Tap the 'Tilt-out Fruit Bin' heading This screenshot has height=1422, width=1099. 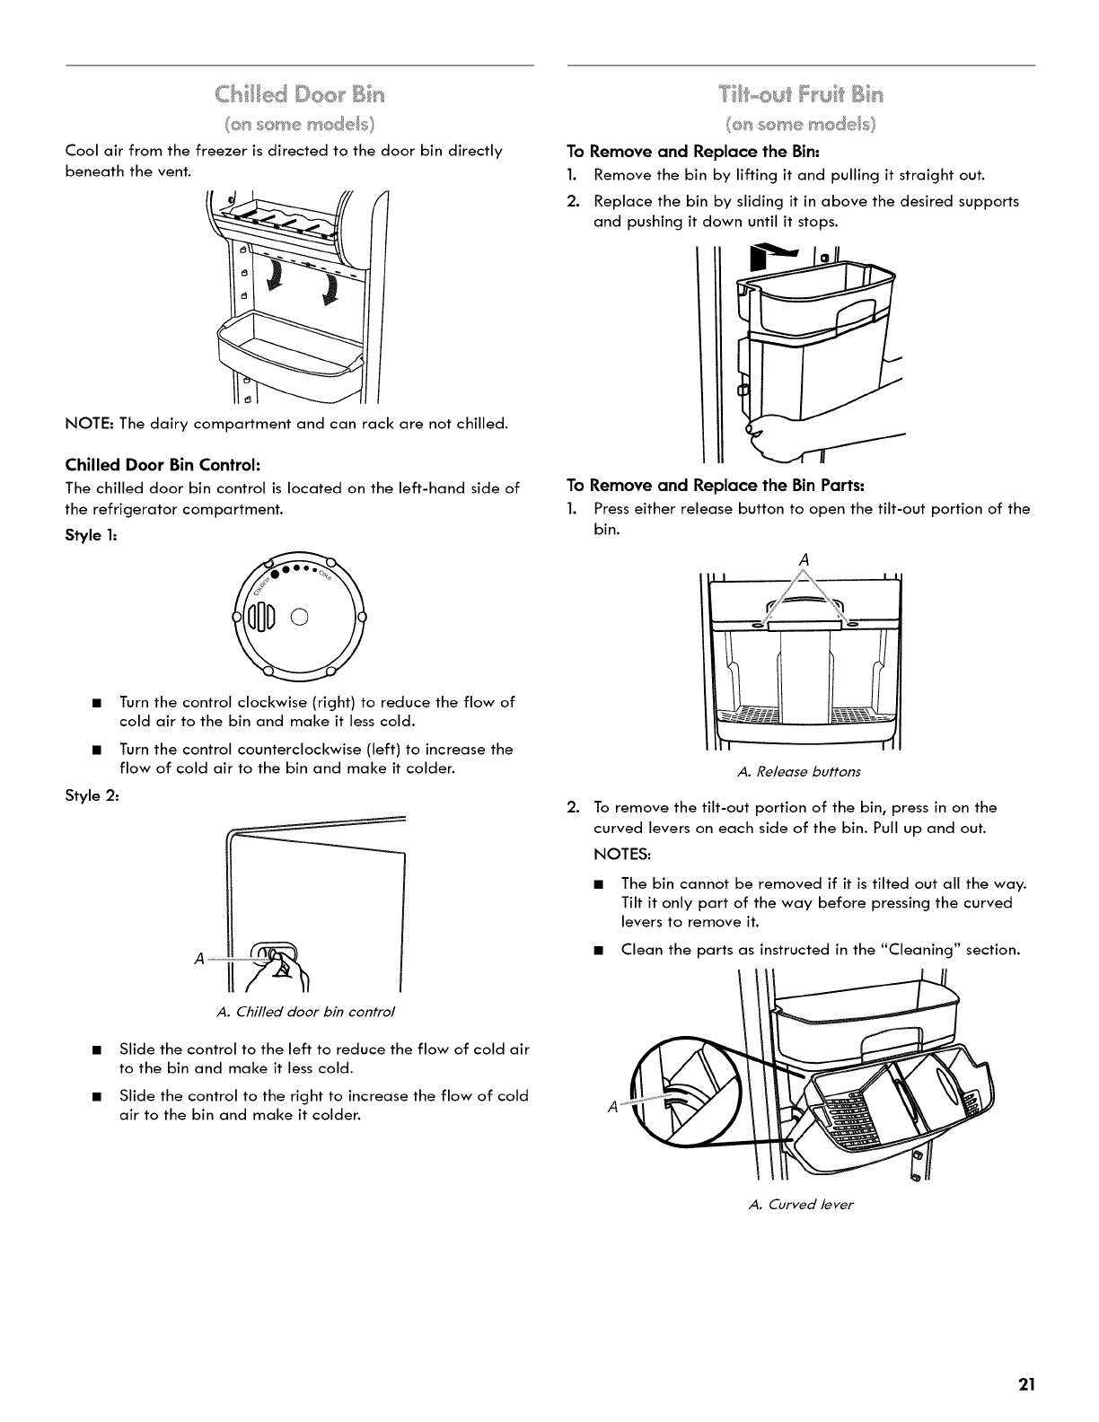pos(801,93)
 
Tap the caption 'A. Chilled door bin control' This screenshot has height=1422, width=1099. pos(306,1012)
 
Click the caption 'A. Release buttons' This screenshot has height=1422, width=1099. pos(798,771)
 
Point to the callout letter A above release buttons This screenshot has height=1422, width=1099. pos(804,560)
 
